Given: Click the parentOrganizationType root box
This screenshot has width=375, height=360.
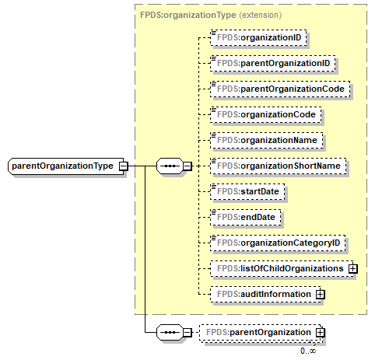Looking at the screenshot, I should [62, 166].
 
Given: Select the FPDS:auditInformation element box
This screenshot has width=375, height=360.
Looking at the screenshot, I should [264, 295].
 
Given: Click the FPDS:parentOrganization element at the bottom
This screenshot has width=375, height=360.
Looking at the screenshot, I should [257, 333].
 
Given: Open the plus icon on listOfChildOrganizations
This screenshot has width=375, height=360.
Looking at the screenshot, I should [352, 268].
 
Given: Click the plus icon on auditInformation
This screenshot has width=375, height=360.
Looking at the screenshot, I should [320, 295].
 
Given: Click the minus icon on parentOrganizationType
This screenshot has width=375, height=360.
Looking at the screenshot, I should [123, 166].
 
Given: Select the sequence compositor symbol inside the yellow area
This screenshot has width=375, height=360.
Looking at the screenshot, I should [170, 166].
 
